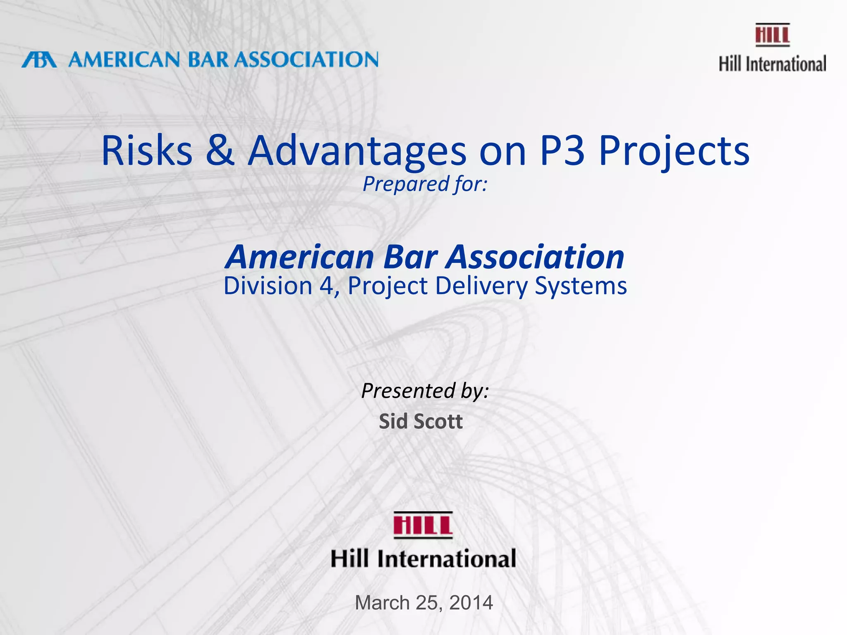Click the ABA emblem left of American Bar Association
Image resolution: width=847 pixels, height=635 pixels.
tap(39, 60)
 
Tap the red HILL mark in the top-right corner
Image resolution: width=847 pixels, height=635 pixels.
tap(772, 35)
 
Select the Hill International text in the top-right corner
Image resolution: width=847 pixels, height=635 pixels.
tap(772, 64)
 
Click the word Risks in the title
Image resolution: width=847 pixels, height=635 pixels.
tap(147, 150)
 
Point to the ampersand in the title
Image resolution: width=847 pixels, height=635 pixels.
tap(220, 150)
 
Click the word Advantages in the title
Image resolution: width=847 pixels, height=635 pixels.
tap(357, 151)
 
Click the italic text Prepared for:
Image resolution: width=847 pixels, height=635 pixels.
tap(425, 184)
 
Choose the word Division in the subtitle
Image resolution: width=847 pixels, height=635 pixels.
tap(268, 286)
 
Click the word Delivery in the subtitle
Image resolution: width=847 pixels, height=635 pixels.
tap(482, 286)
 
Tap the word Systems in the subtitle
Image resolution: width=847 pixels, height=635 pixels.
tap(581, 286)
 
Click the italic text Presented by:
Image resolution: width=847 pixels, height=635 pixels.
tap(425, 391)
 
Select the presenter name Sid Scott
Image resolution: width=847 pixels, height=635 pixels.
tap(421, 421)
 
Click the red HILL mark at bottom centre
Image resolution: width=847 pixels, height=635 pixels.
tap(423, 525)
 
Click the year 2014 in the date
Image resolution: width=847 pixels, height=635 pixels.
tap(471, 603)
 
